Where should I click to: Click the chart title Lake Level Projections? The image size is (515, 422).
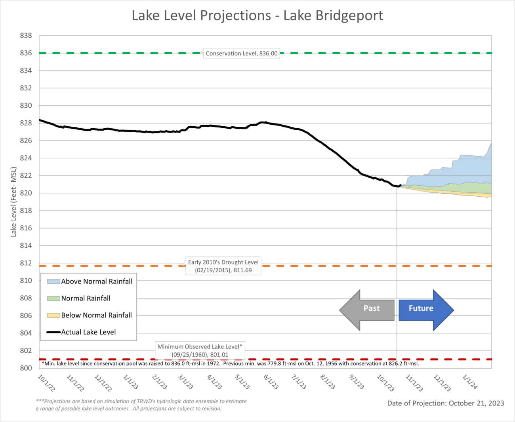point(257,16)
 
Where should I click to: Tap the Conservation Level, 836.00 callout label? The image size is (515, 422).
point(241,53)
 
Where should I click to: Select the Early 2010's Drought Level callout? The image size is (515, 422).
point(223,266)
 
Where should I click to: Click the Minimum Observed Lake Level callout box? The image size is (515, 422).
point(200,350)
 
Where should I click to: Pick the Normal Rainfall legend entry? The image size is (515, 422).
point(79,298)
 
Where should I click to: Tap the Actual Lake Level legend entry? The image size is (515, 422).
point(82,333)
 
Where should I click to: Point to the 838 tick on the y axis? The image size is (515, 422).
point(26,36)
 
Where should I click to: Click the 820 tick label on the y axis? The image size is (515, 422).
point(26,193)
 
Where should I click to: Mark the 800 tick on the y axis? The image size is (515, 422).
point(26,368)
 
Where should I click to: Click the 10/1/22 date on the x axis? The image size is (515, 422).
point(46,383)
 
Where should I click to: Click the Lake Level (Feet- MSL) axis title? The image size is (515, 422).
point(14,202)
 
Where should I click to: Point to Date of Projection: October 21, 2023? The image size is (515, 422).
point(446,403)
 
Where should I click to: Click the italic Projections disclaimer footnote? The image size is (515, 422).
point(141,405)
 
